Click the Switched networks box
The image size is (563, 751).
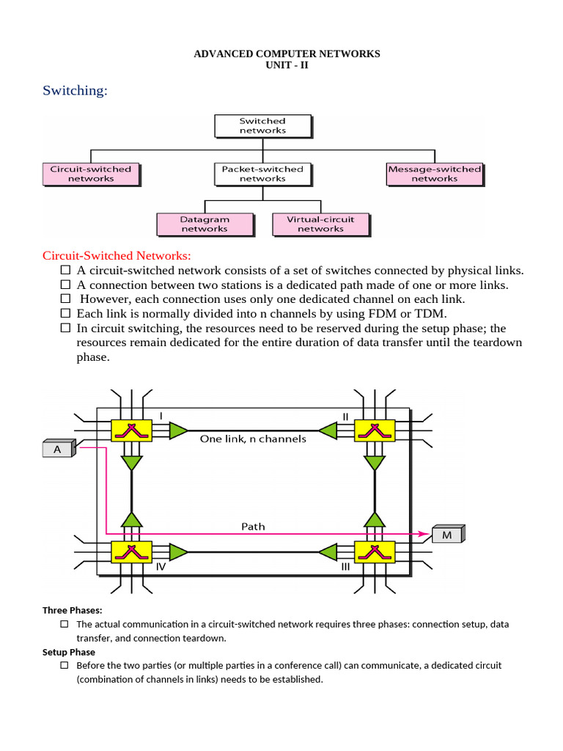tap(262, 125)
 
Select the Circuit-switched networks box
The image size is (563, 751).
tap(91, 174)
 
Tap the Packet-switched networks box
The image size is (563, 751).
tap(262, 174)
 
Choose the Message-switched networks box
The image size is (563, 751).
tap(434, 174)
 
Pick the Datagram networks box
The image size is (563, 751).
tap(205, 224)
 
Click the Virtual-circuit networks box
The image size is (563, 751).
tap(320, 224)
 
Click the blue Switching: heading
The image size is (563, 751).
tap(75, 90)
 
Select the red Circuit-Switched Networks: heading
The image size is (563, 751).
tap(117, 255)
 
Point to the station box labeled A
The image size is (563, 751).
tap(58, 449)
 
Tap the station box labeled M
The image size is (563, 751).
tap(447, 535)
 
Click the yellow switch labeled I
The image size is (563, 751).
tap(131, 431)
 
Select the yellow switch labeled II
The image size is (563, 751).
tap(375, 431)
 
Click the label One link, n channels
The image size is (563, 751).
tap(253, 439)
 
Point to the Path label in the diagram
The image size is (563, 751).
tap(253, 526)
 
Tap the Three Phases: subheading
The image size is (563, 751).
tap(73, 610)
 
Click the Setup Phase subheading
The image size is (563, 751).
tap(69, 652)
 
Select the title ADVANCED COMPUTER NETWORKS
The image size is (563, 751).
tap(287, 54)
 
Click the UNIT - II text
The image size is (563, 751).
tap(287, 65)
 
